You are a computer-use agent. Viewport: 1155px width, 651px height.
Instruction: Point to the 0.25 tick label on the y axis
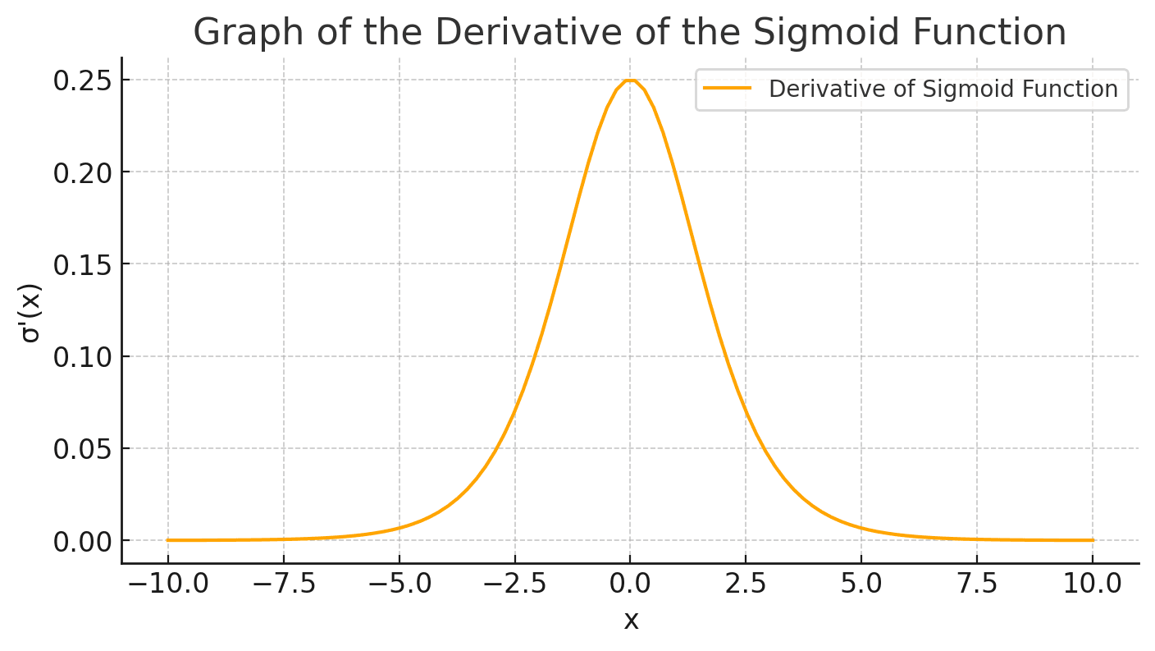[82, 80]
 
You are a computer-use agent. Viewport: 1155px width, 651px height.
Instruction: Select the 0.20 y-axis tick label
[82, 172]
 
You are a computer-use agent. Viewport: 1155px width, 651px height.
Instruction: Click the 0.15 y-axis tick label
[82, 264]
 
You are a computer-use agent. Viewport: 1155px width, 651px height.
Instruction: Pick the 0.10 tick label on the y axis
[82, 356]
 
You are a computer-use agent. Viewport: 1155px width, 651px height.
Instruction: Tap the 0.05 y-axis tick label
[82, 449]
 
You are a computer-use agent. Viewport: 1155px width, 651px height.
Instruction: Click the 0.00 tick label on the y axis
[82, 541]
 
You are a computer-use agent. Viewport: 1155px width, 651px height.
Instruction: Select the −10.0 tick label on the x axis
[167, 585]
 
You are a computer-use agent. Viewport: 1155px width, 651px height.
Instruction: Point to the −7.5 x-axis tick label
[283, 585]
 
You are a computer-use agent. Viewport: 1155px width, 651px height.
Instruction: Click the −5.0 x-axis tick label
[399, 585]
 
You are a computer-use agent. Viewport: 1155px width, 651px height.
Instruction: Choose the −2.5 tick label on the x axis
[514, 585]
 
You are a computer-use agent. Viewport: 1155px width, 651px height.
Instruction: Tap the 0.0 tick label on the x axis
[630, 585]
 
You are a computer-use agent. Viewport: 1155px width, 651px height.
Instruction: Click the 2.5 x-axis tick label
[746, 585]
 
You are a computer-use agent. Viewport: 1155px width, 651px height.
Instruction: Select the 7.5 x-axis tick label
[977, 585]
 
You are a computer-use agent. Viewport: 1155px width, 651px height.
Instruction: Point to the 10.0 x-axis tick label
[1093, 585]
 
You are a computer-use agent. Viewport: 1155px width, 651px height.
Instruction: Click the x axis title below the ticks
[630, 621]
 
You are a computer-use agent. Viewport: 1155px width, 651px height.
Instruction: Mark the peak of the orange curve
[630, 80]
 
